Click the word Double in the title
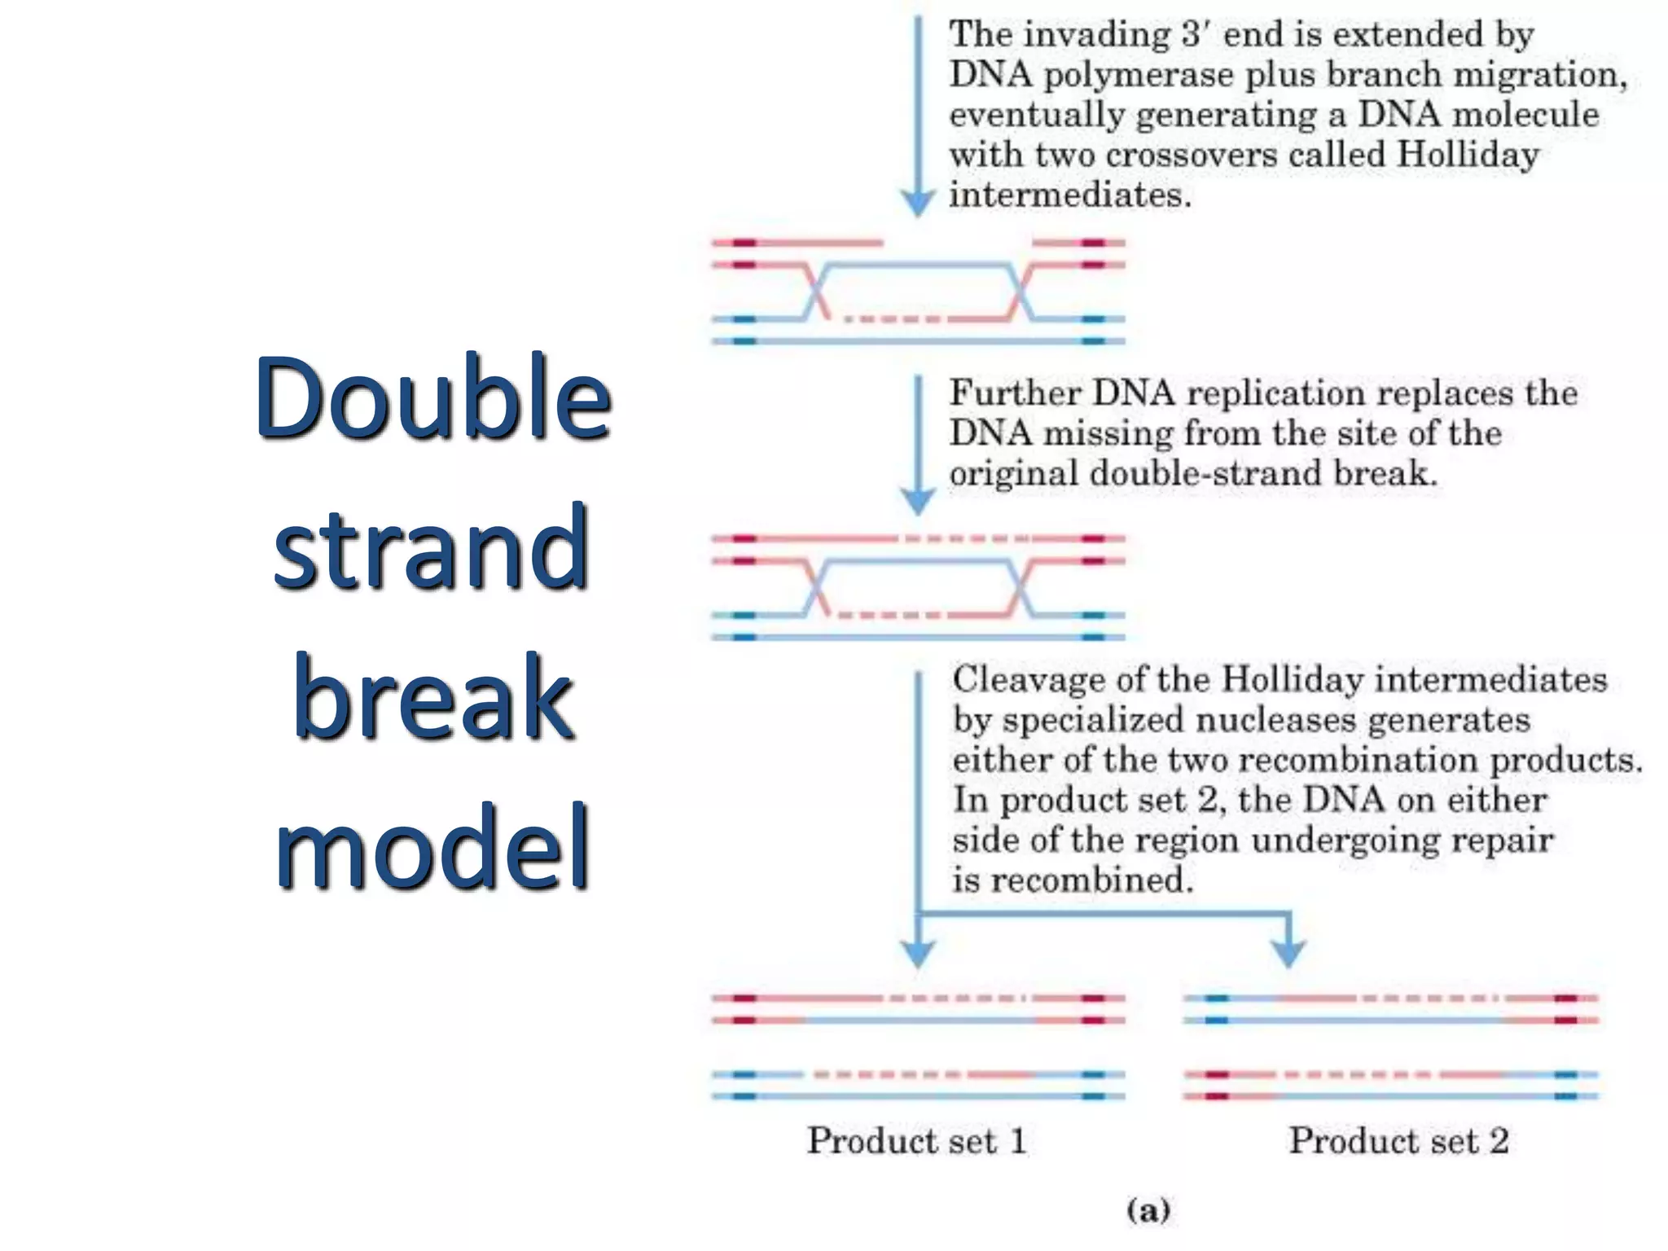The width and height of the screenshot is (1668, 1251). tap(432, 398)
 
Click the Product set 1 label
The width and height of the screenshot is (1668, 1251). tap(916, 1140)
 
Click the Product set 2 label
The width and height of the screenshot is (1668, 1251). tap(1398, 1140)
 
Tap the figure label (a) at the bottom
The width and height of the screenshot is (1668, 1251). tap(1148, 1209)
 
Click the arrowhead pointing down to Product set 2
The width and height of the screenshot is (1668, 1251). tap(1288, 953)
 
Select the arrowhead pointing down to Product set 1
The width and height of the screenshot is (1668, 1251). tap(918, 953)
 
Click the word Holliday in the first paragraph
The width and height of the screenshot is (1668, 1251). tap(1467, 154)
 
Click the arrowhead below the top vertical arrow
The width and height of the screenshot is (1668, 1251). tap(918, 203)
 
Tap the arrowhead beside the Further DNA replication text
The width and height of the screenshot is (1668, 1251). tap(918, 501)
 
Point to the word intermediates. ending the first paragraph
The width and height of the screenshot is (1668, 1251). tap(1070, 195)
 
